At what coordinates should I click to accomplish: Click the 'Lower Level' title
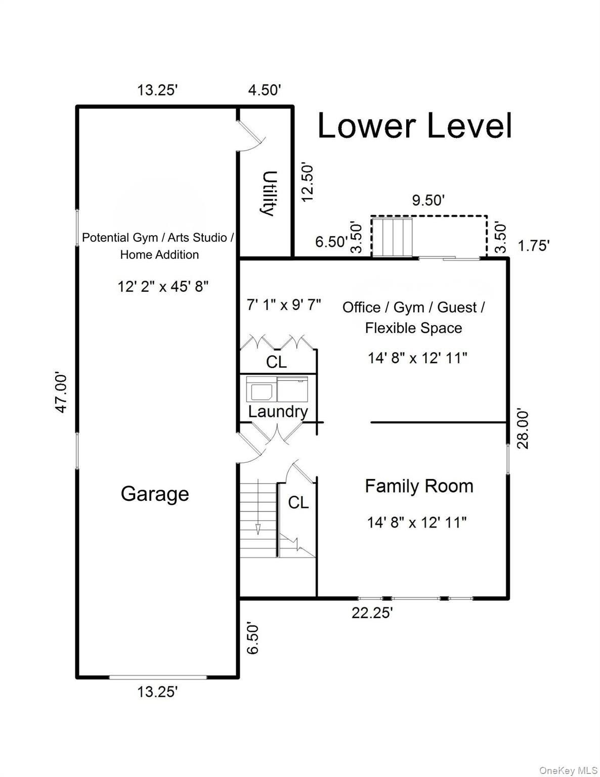414,126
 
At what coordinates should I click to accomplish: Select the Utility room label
268,193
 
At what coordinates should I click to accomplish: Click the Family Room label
419,486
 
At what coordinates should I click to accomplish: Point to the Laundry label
278,411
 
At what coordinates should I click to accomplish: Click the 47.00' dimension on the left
61,393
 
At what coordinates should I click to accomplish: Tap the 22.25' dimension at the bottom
372,613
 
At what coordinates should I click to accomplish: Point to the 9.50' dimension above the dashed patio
428,200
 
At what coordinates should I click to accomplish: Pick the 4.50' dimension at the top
264,90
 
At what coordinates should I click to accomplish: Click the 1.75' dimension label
534,246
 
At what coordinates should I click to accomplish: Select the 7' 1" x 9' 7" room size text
284,305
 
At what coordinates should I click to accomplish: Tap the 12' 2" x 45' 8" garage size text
163,287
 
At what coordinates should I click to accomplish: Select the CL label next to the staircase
298,502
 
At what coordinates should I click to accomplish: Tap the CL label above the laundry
276,362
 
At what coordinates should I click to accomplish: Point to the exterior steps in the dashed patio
393,237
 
